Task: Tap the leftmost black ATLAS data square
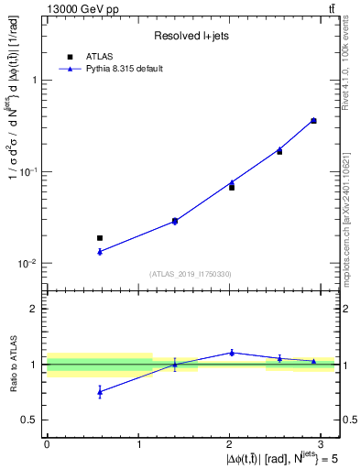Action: tap(100, 238)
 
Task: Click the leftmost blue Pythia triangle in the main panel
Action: tap(100, 251)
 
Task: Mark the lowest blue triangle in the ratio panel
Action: tap(100, 391)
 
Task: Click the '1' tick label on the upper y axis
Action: tap(35, 81)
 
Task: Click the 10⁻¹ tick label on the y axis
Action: tap(29, 172)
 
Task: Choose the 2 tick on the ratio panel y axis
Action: tap(35, 309)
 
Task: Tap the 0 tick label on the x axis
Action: tap(47, 444)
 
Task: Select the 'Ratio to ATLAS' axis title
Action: tap(14, 365)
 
